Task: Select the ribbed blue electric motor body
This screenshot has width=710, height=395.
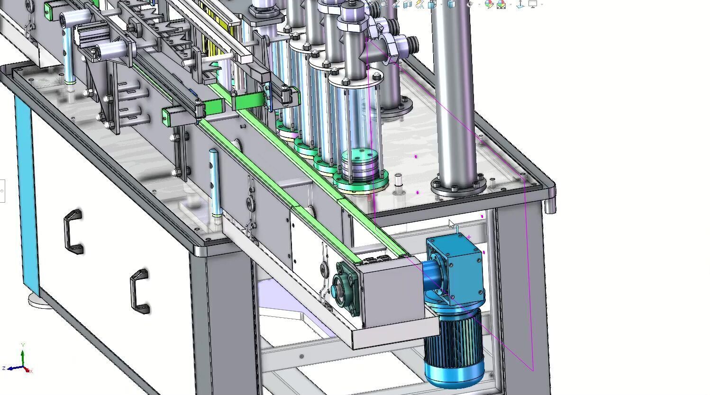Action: pos(453,348)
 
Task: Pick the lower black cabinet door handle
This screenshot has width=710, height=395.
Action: pos(140,291)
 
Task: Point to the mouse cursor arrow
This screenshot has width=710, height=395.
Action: pos(451,224)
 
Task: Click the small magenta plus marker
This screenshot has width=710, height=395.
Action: pos(469,237)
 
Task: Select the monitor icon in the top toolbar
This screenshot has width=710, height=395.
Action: pos(533,4)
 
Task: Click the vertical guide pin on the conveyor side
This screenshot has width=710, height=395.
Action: pos(215,182)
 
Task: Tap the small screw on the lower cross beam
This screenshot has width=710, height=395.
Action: pos(301,356)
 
